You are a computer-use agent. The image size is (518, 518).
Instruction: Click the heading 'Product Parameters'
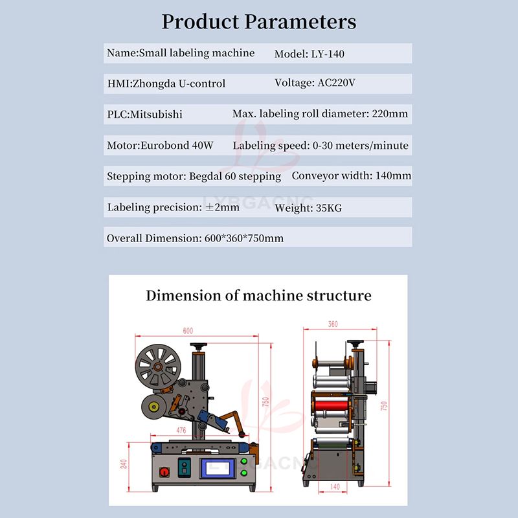[x=258, y=21]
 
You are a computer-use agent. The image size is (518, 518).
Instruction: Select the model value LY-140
[x=327, y=54]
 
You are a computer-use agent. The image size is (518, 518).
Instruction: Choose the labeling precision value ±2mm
[x=221, y=208]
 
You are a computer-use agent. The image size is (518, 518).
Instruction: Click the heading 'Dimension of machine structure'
[x=258, y=296]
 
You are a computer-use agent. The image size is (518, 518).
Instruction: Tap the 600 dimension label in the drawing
[x=188, y=331]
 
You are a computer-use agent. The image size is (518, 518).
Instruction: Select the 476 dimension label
[x=181, y=430]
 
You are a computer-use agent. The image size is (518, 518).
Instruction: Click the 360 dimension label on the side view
[x=333, y=324]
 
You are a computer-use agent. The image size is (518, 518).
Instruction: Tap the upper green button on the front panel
[x=243, y=461]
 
